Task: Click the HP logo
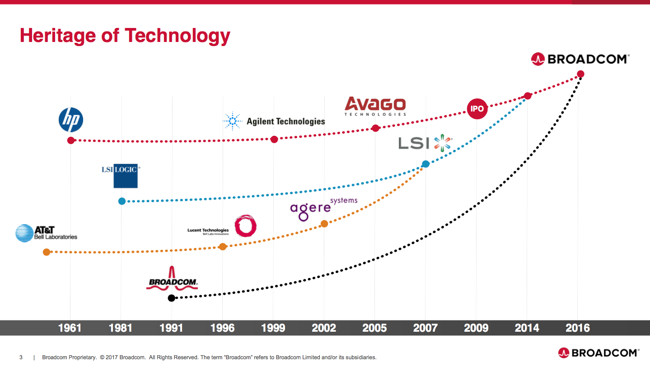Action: point(71,120)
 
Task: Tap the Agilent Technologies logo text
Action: point(285,121)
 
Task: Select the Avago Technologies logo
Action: point(375,107)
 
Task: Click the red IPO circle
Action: point(477,109)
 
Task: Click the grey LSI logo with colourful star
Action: point(425,143)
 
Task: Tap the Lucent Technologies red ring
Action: point(246,226)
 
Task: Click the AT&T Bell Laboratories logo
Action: point(46,233)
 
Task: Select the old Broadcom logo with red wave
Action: point(172,278)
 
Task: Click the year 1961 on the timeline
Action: point(70,328)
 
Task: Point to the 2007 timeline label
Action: point(425,328)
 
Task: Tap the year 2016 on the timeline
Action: point(578,328)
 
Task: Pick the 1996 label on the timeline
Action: point(222,328)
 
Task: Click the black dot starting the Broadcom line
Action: point(171,298)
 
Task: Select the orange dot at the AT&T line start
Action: point(47,252)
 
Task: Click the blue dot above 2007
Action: point(426,164)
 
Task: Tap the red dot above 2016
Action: point(580,74)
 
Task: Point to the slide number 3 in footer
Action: point(21,357)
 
